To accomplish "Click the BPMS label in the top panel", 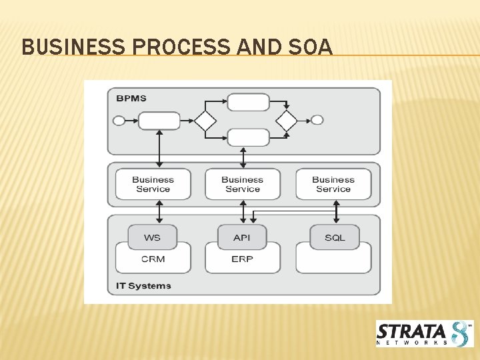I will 131,99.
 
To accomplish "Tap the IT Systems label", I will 144,286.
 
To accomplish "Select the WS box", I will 152,237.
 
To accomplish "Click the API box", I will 242,237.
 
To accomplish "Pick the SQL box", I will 335,237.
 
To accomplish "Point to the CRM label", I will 153,259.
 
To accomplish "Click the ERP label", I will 242,259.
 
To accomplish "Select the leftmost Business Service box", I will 153,184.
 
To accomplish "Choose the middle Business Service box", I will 242,184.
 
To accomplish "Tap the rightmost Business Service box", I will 333,184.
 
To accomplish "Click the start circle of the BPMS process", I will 119,121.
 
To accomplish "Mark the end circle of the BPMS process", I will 317,120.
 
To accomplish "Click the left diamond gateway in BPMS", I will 205,121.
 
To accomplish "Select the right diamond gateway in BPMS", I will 286,121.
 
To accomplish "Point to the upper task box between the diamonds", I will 248,102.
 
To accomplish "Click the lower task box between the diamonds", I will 248,137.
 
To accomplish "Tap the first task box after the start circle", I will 159,121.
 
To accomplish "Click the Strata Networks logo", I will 424,333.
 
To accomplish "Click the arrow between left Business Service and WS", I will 159,212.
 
